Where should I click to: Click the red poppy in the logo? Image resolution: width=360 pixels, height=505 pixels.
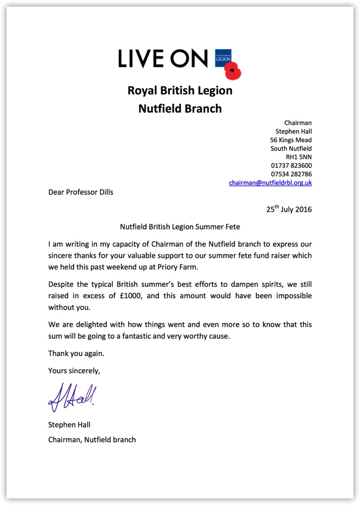[233, 71]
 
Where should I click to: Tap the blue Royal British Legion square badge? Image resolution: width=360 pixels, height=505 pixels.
[223, 58]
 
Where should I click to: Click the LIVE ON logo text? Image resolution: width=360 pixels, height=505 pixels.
[163, 59]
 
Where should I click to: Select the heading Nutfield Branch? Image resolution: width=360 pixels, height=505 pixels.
[180, 109]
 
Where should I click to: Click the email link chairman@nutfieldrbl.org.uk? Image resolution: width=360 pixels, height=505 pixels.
[270, 183]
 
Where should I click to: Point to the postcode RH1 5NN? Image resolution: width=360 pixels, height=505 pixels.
[298, 157]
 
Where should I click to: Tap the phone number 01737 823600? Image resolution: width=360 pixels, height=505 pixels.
[291, 166]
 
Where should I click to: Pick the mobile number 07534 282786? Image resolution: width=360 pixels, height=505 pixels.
[291, 174]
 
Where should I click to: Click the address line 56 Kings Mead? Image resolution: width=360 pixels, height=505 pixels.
[288, 140]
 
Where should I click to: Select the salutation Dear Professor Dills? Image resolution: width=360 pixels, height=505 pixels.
[81, 192]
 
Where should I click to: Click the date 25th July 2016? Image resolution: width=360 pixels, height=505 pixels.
[289, 209]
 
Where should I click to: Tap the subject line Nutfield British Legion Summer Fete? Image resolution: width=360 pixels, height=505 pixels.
[180, 226]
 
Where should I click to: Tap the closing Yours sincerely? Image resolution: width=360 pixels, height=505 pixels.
[74, 371]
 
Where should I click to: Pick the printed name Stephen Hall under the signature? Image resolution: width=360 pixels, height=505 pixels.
[69, 425]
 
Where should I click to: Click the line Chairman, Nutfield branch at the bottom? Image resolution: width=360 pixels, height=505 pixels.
[92, 440]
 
